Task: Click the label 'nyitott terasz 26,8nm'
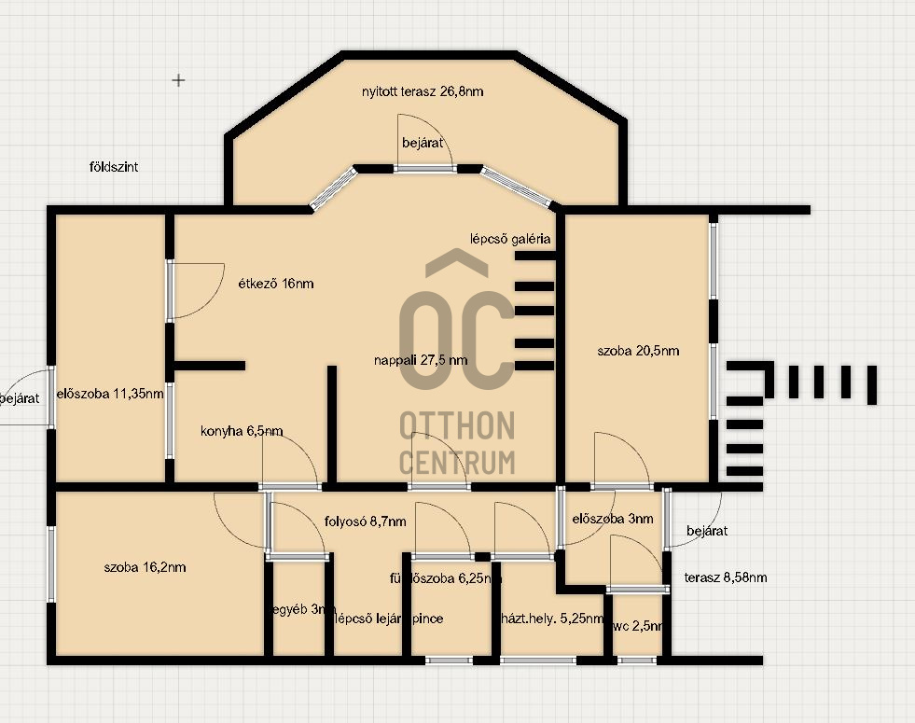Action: click(x=423, y=91)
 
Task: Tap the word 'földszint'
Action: click(x=114, y=167)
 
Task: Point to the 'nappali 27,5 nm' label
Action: click(x=421, y=359)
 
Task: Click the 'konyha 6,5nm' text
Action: click(x=242, y=431)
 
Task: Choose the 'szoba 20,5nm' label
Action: click(x=638, y=351)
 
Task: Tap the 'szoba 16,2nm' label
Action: click(x=145, y=566)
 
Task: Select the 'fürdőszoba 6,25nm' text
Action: click(x=446, y=578)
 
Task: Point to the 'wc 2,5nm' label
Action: click(x=638, y=626)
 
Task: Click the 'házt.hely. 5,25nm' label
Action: click(x=553, y=619)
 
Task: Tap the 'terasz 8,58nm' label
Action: click(x=726, y=577)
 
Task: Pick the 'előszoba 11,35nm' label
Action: click(x=110, y=393)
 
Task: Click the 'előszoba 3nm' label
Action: click(x=613, y=519)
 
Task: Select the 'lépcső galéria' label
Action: click(x=511, y=239)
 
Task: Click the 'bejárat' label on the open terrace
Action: click(x=423, y=143)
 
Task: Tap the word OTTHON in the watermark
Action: click(x=457, y=426)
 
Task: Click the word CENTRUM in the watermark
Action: click(x=457, y=462)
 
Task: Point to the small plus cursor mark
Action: click(x=178, y=80)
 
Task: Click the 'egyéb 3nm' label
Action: click(x=303, y=609)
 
